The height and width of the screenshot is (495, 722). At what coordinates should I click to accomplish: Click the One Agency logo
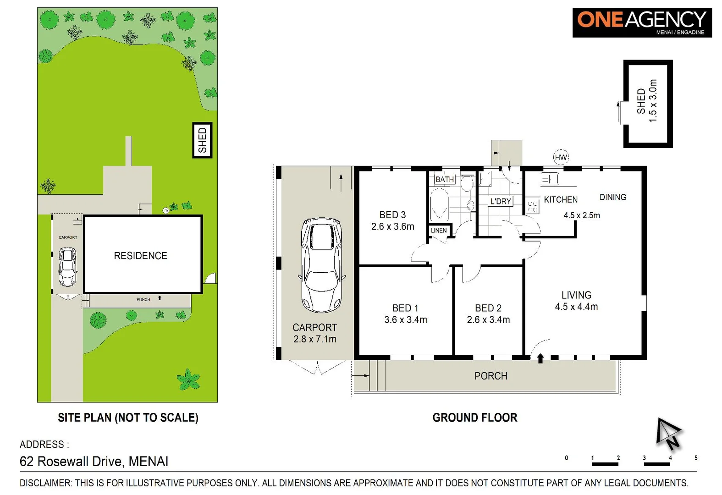(641, 22)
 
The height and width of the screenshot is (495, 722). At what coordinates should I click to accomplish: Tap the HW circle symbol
(561, 158)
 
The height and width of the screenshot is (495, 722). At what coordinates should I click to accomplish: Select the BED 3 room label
(392, 215)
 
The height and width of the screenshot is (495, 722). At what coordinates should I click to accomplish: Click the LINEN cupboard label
(439, 231)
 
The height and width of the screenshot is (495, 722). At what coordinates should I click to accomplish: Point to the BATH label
(445, 179)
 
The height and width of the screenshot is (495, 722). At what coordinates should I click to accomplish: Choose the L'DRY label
(501, 201)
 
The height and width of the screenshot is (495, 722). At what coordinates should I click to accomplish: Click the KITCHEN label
(561, 200)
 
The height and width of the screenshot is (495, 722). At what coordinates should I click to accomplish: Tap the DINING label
(612, 197)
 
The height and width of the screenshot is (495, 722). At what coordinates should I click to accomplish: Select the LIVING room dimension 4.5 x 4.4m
(576, 307)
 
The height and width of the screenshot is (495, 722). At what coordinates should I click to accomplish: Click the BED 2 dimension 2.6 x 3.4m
(488, 320)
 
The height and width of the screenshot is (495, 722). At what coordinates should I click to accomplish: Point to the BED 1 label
(405, 308)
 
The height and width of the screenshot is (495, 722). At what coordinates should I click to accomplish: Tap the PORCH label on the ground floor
(491, 376)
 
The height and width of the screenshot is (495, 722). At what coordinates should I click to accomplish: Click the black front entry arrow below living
(540, 358)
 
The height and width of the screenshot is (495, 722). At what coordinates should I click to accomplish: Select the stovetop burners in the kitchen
(532, 206)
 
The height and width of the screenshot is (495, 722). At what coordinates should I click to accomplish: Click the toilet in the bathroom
(467, 184)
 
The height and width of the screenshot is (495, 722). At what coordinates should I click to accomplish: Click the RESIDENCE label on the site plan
(140, 256)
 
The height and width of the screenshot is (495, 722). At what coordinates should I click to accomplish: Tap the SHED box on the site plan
(202, 140)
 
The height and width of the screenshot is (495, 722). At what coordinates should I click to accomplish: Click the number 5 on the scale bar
(696, 458)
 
